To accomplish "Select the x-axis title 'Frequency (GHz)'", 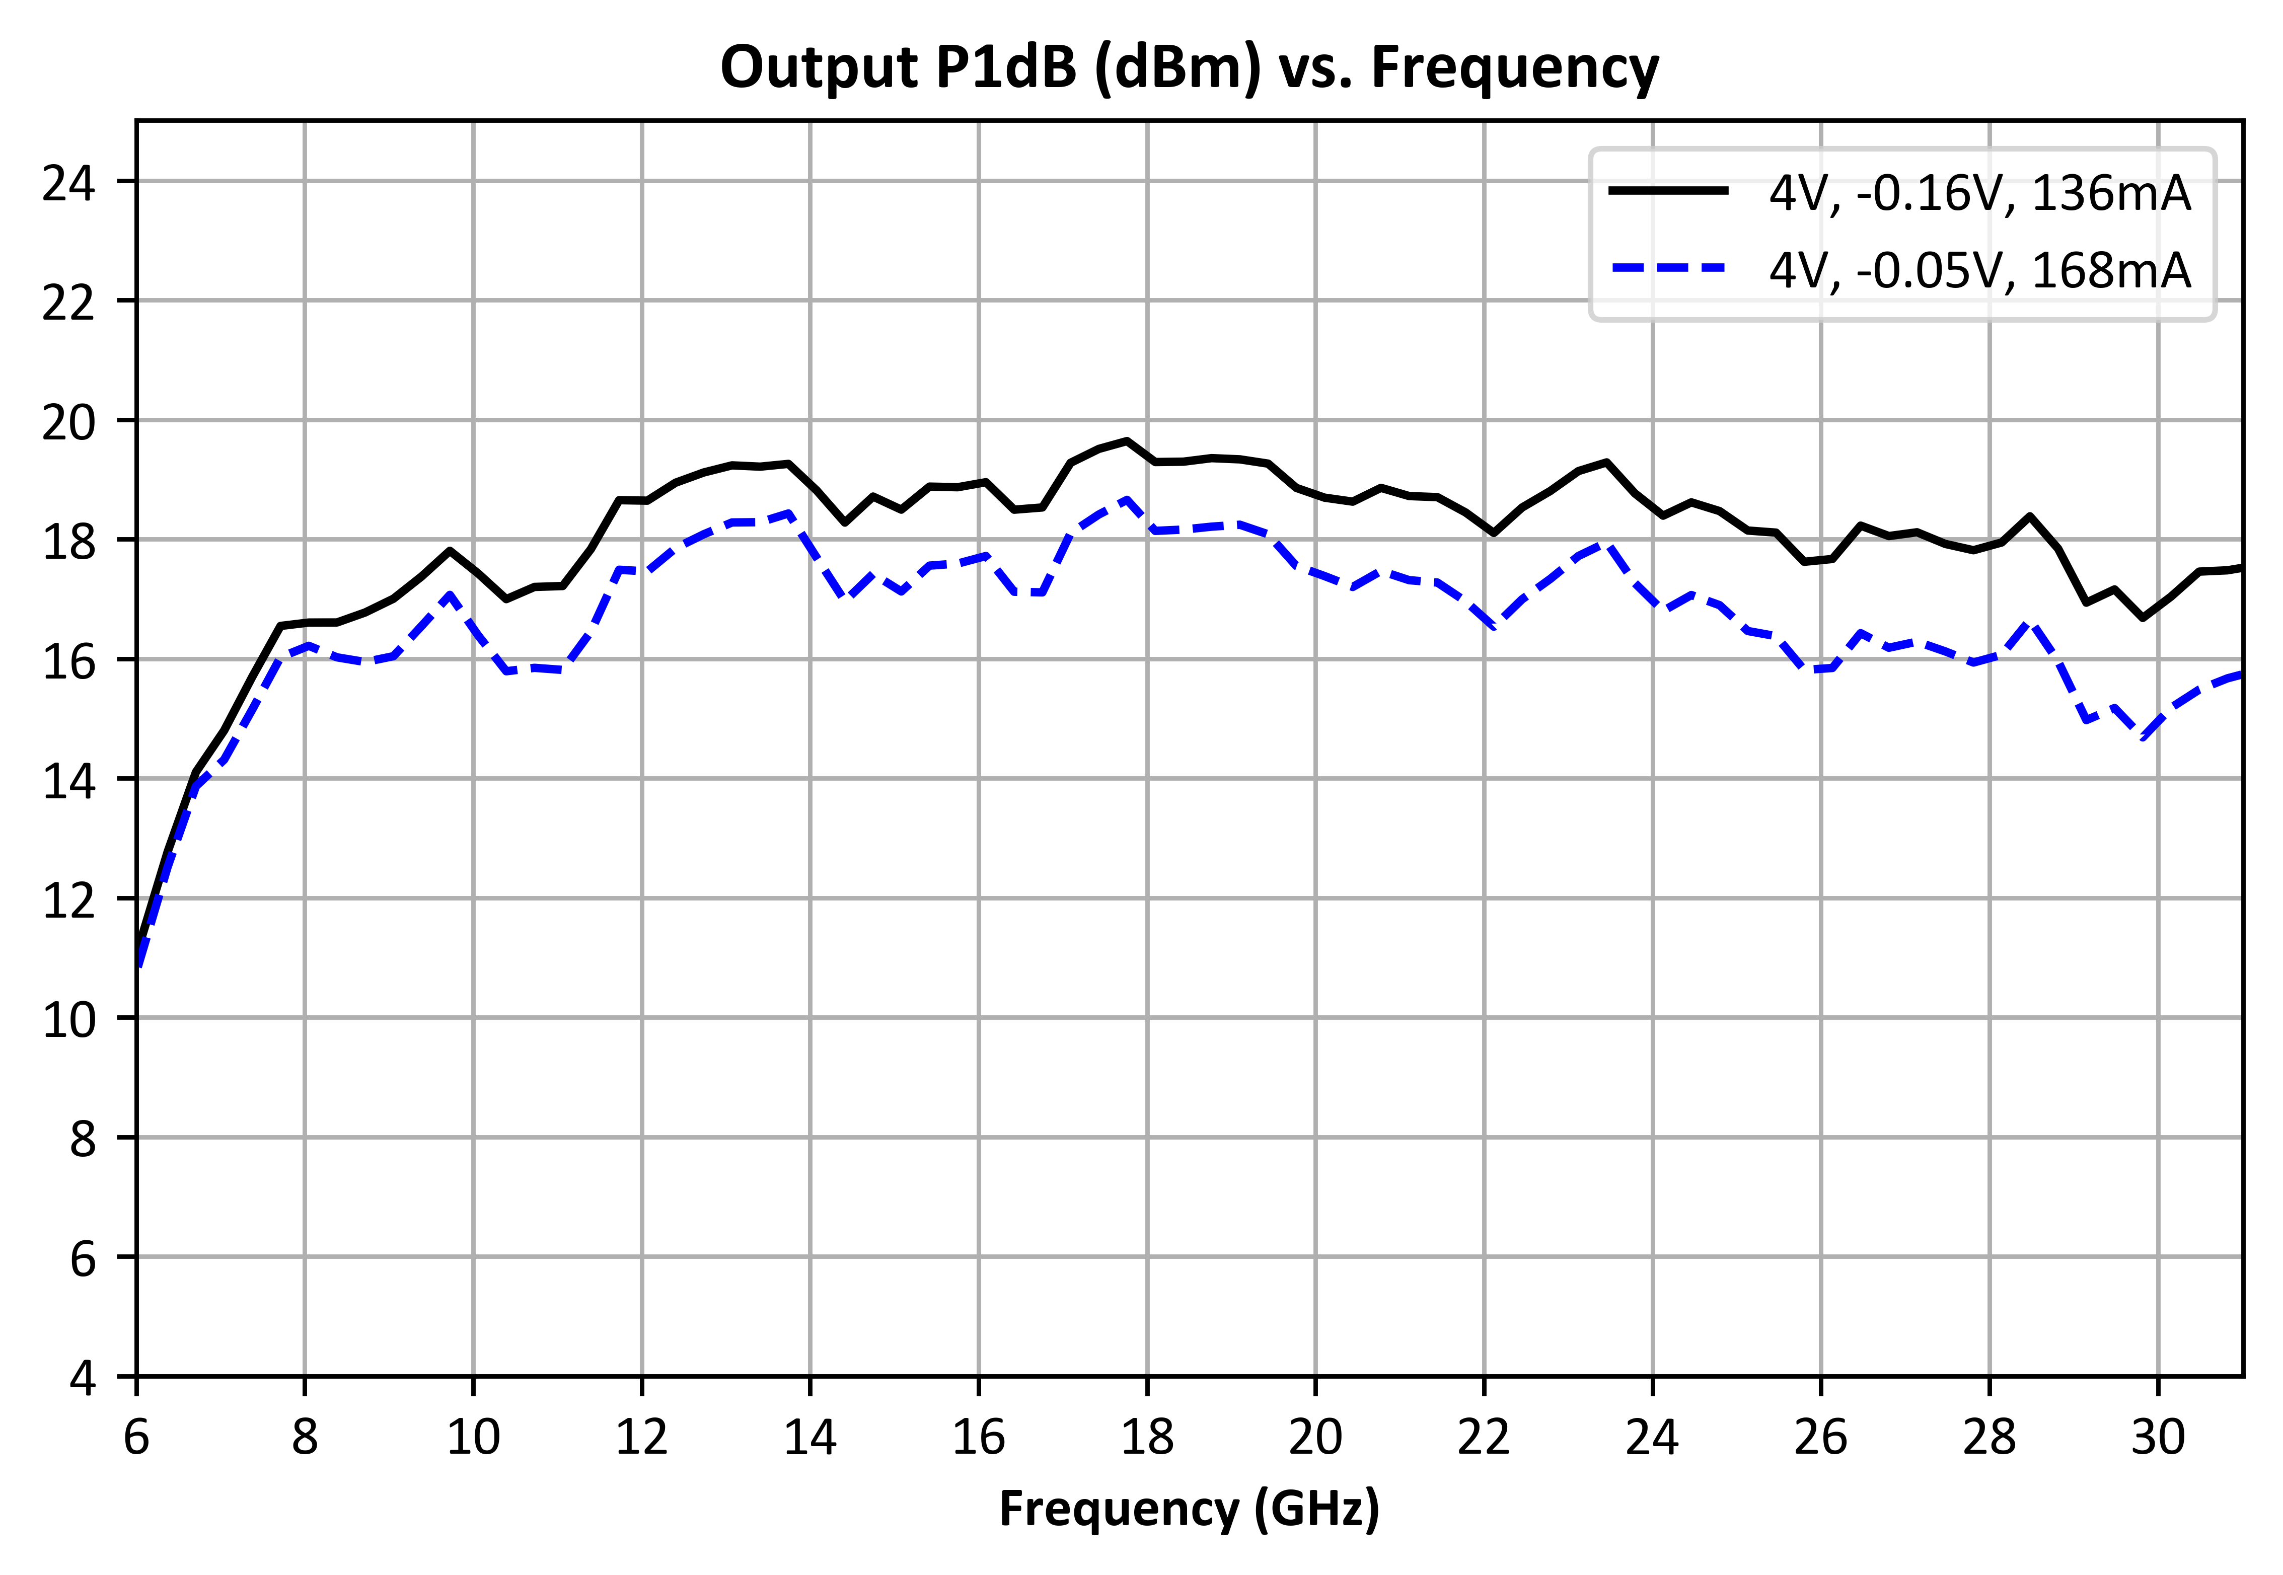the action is (x=1190, y=1510).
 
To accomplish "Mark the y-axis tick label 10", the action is (x=69, y=1019).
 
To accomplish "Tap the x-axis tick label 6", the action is (x=136, y=1438).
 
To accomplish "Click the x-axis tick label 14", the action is (x=811, y=1438).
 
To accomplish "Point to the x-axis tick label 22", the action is (x=1485, y=1438).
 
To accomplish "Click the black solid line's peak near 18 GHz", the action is (x=1126, y=441).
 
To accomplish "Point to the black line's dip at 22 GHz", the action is (x=1493, y=533).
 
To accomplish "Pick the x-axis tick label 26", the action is (x=1821, y=1438).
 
